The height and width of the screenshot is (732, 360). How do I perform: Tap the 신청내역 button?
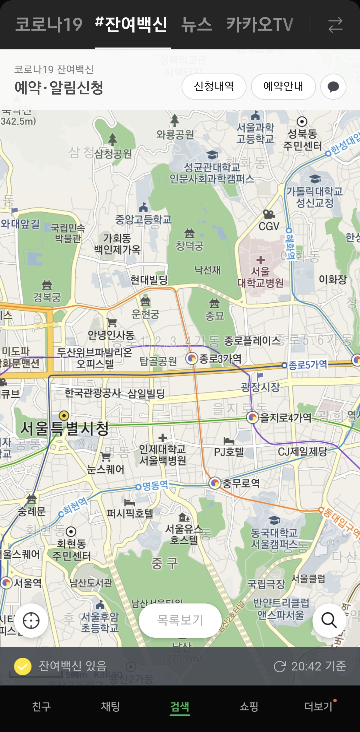[214, 86]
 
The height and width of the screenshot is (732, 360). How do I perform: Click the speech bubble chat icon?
[333, 86]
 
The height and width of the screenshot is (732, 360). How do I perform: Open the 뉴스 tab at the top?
[196, 25]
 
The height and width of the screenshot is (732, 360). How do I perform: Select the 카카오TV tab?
[259, 25]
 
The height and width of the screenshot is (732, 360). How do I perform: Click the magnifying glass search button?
[329, 620]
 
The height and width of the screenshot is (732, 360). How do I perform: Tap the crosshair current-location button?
[31, 620]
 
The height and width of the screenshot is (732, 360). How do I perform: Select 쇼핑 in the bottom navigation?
[249, 706]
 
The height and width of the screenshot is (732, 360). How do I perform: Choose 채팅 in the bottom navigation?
[110, 706]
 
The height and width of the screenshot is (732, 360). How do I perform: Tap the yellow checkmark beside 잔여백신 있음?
[23, 666]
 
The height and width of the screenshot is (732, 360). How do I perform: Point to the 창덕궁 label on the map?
[189, 245]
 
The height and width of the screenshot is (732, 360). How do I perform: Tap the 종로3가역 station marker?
[192, 358]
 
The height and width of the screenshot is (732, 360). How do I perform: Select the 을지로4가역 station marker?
[252, 417]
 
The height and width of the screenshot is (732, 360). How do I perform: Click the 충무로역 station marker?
[215, 483]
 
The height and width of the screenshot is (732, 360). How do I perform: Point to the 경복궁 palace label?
[47, 297]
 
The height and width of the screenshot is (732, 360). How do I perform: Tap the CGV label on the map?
[269, 226]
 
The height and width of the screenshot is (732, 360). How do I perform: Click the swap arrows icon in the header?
[335, 25]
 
